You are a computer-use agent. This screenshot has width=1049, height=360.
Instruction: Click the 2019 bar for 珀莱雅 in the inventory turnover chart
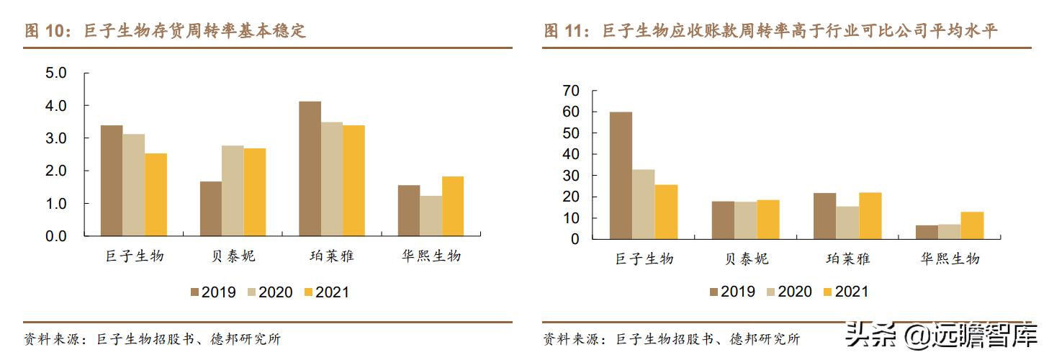click(x=310, y=168)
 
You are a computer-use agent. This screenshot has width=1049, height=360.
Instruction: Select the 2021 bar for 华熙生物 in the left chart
click(x=453, y=206)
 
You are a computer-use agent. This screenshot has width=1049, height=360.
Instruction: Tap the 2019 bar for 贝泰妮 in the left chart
click(x=211, y=209)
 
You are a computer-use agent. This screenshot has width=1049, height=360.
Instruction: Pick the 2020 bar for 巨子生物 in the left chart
click(x=134, y=185)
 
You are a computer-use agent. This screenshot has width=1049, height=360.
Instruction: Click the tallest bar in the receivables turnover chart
click(x=621, y=176)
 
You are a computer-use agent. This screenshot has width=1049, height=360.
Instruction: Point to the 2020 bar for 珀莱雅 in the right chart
click(x=847, y=222)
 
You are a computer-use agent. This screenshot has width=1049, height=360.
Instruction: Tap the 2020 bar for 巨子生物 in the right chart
click(x=644, y=204)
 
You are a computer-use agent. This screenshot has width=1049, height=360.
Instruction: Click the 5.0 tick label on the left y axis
click(x=55, y=73)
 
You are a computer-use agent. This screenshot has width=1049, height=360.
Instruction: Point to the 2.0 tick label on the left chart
click(x=55, y=171)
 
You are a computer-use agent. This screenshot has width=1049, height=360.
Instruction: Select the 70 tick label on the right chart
click(x=571, y=91)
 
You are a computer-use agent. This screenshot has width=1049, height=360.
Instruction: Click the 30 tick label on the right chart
click(x=571, y=176)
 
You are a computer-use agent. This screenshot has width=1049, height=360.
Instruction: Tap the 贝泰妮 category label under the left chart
click(x=232, y=256)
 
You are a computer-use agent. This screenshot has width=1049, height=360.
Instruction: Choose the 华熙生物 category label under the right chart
click(x=950, y=258)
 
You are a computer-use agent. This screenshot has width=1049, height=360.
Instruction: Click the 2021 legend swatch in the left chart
click(x=309, y=292)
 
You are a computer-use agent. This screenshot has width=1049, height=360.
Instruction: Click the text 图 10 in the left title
click(x=40, y=31)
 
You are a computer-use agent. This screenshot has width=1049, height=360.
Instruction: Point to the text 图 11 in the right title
click(x=559, y=31)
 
